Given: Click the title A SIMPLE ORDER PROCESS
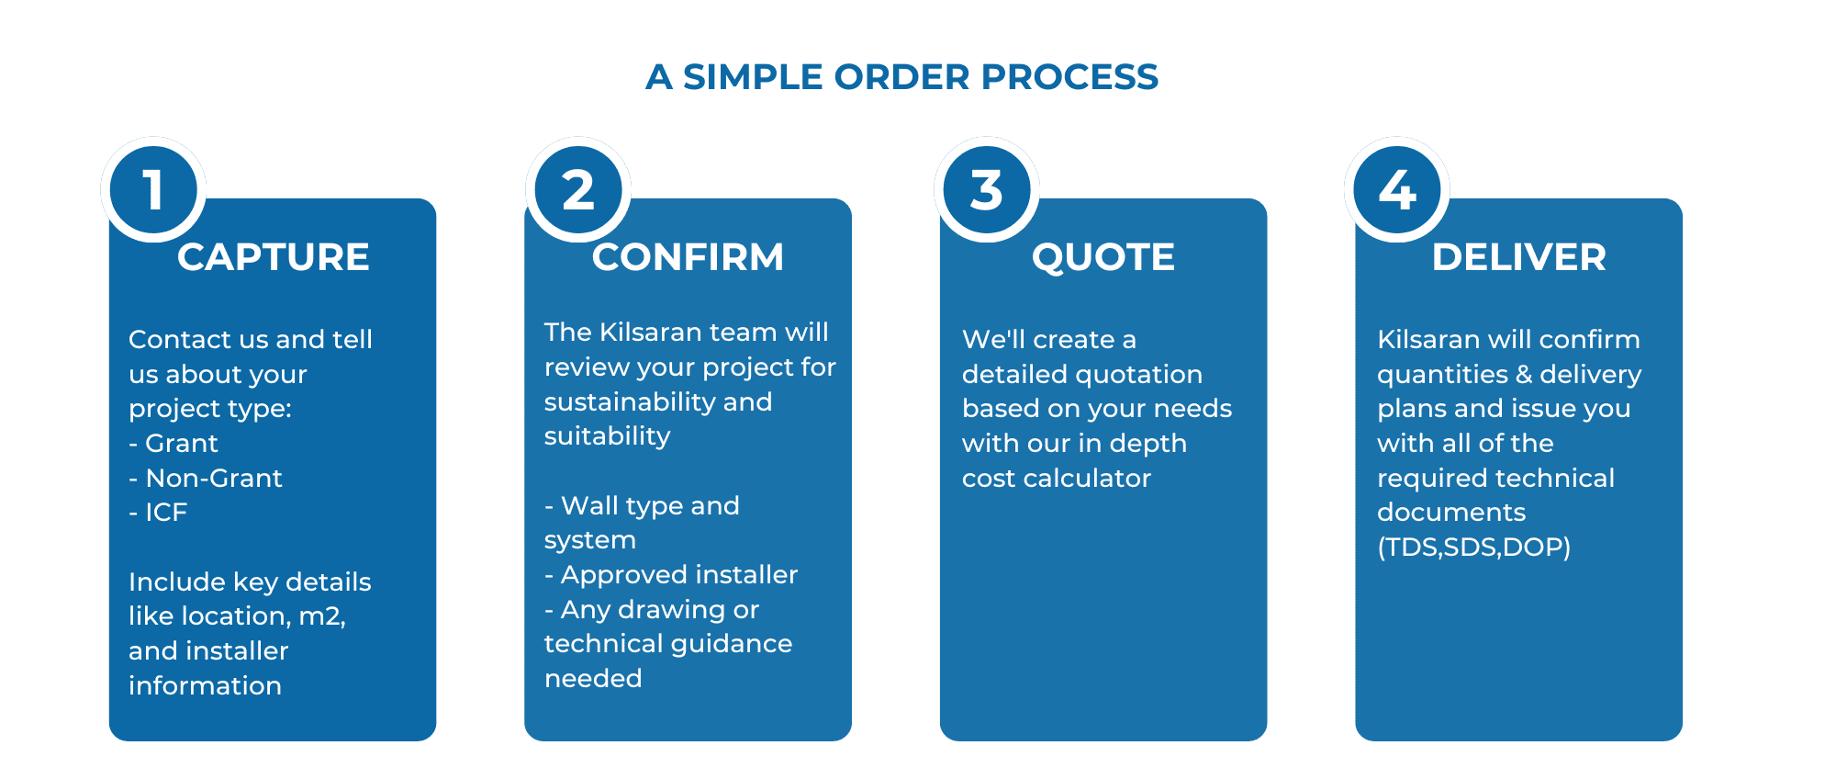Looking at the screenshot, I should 901,77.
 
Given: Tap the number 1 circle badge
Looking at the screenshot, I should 153,189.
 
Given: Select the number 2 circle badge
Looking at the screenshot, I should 578,189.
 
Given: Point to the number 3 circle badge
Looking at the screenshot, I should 987,189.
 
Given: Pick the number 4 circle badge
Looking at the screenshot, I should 1397,189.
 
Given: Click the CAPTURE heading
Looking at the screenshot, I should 274,257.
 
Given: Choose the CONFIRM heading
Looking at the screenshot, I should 688,257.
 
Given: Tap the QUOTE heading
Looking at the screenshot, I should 1103,257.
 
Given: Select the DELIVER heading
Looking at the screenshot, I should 1519,257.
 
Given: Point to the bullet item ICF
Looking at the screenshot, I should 165,512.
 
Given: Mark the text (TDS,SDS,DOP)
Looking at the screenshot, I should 1473,548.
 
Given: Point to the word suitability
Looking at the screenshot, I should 607,435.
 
